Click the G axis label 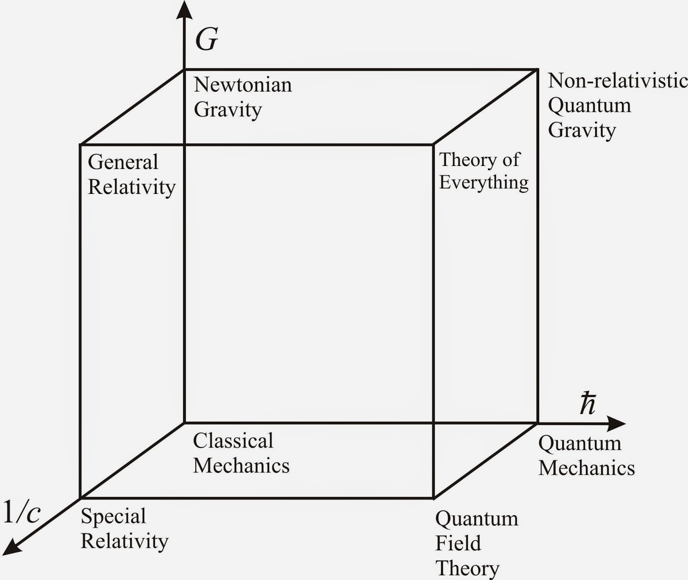click(x=207, y=40)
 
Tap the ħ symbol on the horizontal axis click(x=587, y=404)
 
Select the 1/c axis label click(x=22, y=512)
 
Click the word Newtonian click(x=243, y=85)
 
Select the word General click(x=123, y=162)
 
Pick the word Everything click(x=484, y=182)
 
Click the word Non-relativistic click(x=617, y=80)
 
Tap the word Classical click(x=233, y=441)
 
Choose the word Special click(x=114, y=516)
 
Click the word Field click(x=458, y=543)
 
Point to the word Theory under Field click(x=467, y=568)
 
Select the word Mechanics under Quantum click(x=587, y=468)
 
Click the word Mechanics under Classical click(x=241, y=466)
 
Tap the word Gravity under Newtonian click(x=228, y=110)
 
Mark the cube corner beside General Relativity click(x=80, y=145)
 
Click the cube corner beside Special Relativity click(x=80, y=498)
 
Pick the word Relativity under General click(x=132, y=187)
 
